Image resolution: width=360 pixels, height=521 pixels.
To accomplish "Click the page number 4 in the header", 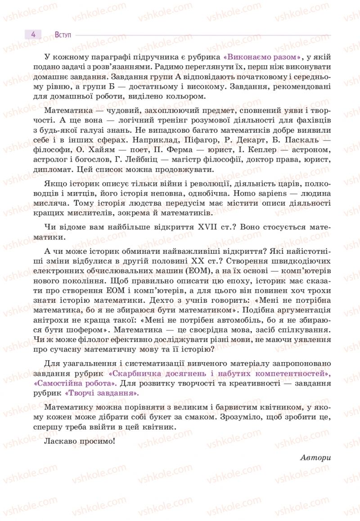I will click(x=33, y=35).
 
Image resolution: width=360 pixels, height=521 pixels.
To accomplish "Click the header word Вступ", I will click(x=64, y=35).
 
